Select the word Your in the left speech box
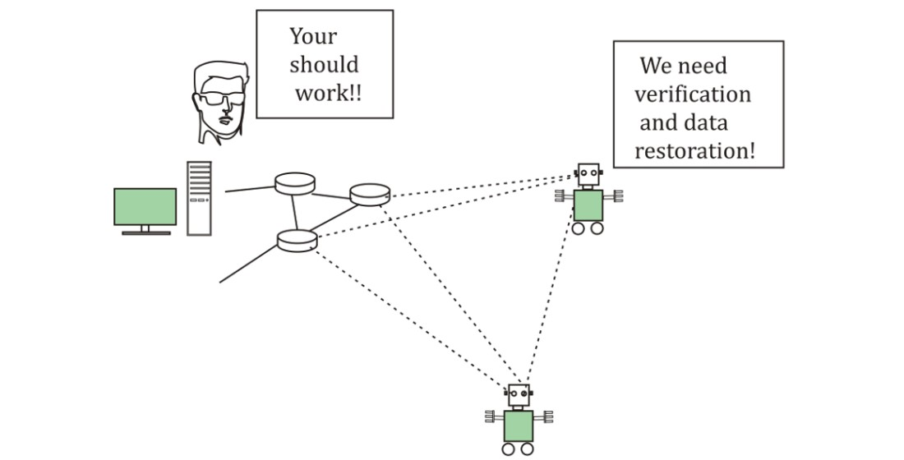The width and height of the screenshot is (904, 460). pos(313,37)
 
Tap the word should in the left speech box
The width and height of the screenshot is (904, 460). pos(324,65)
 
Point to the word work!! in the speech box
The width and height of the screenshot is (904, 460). pos(329,93)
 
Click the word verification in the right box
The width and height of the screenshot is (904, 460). pos(691,94)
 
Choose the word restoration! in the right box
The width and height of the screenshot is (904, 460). pos(695,151)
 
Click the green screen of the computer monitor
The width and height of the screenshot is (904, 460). pos(145,206)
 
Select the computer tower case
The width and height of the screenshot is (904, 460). pos(199,198)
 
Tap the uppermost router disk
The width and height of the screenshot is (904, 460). pos(295,183)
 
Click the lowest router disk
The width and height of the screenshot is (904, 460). pos(297,240)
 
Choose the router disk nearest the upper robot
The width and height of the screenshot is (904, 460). pos(370,195)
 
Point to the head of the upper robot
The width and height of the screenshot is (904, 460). pos(588,175)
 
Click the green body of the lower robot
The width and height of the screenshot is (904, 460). pos(518,425)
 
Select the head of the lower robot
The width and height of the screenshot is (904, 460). pos(518,396)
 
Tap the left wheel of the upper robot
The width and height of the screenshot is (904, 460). pos(579,228)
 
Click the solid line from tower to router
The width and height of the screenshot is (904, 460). pos(248,188)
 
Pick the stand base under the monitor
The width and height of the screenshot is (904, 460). pos(145,233)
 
